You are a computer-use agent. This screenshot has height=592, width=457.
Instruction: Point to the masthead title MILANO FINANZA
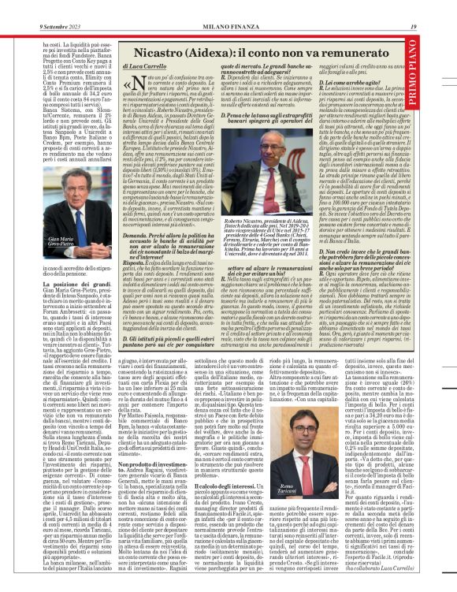pyautogui.click(x=228, y=6)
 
